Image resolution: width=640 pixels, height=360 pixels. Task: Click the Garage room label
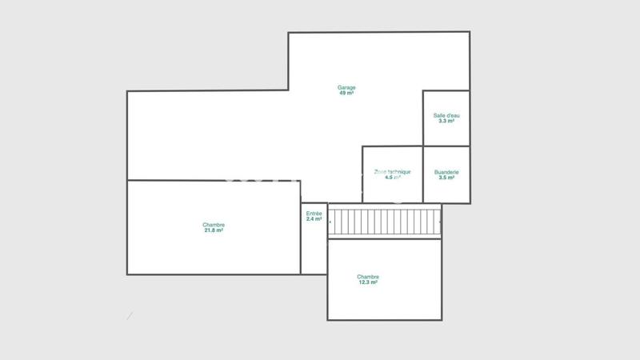click(x=346, y=87)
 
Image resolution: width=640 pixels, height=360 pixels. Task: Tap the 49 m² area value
click(x=346, y=93)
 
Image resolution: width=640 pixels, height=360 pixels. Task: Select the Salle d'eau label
click(x=446, y=115)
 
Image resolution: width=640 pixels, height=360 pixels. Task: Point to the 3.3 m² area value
click(x=446, y=121)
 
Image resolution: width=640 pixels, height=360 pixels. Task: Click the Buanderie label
click(x=446, y=172)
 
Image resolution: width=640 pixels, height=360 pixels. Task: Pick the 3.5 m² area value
click(x=446, y=178)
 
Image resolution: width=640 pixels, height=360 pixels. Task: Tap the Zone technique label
click(x=393, y=172)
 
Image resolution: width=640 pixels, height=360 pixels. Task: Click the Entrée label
click(x=314, y=214)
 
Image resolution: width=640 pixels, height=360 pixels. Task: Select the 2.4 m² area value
click(x=314, y=219)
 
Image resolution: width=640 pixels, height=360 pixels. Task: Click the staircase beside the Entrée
click(x=385, y=222)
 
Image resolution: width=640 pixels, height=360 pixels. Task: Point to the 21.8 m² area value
click(x=214, y=230)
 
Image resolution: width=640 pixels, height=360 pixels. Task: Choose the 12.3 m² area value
click(x=368, y=282)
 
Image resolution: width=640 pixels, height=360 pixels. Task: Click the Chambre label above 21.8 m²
click(x=214, y=225)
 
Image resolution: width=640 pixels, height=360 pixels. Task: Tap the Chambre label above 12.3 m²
click(x=368, y=277)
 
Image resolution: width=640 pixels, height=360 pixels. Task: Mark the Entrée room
click(x=314, y=248)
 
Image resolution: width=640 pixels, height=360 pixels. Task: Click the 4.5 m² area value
click(x=393, y=178)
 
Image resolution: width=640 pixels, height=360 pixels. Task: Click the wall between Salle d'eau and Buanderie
click(x=446, y=146)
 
